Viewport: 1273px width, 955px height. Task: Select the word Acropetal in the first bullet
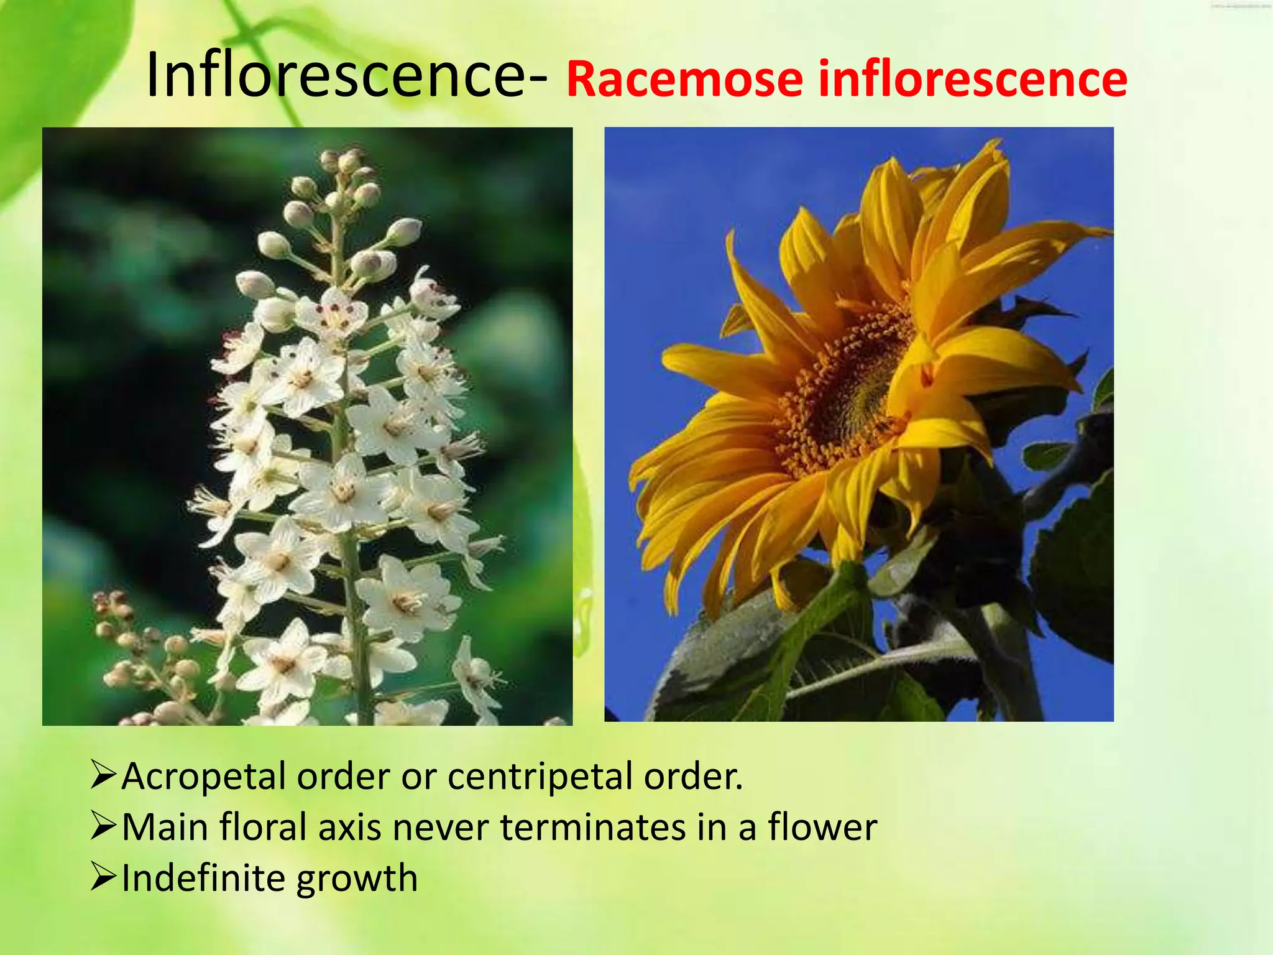click(x=203, y=777)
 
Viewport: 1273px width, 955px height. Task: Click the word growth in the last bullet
click(x=357, y=879)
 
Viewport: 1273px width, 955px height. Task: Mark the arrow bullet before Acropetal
click(x=103, y=775)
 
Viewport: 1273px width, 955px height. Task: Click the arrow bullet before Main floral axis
click(x=103, y=826)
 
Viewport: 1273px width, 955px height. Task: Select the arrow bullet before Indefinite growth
click(x=103, y=877)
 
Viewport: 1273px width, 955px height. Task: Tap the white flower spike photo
click(x=307, y=426)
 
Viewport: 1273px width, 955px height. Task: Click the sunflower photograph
click(x=859, y=424)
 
